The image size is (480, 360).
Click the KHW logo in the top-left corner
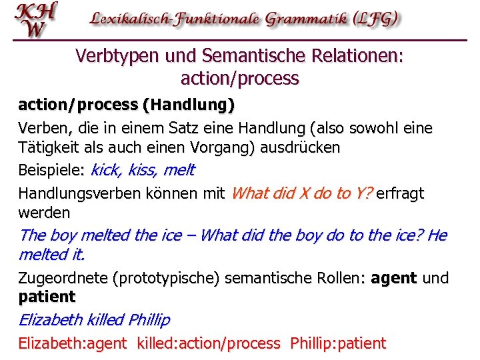36,20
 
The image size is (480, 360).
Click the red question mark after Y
369,193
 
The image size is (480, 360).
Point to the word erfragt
400,194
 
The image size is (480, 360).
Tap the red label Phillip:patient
337,344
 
